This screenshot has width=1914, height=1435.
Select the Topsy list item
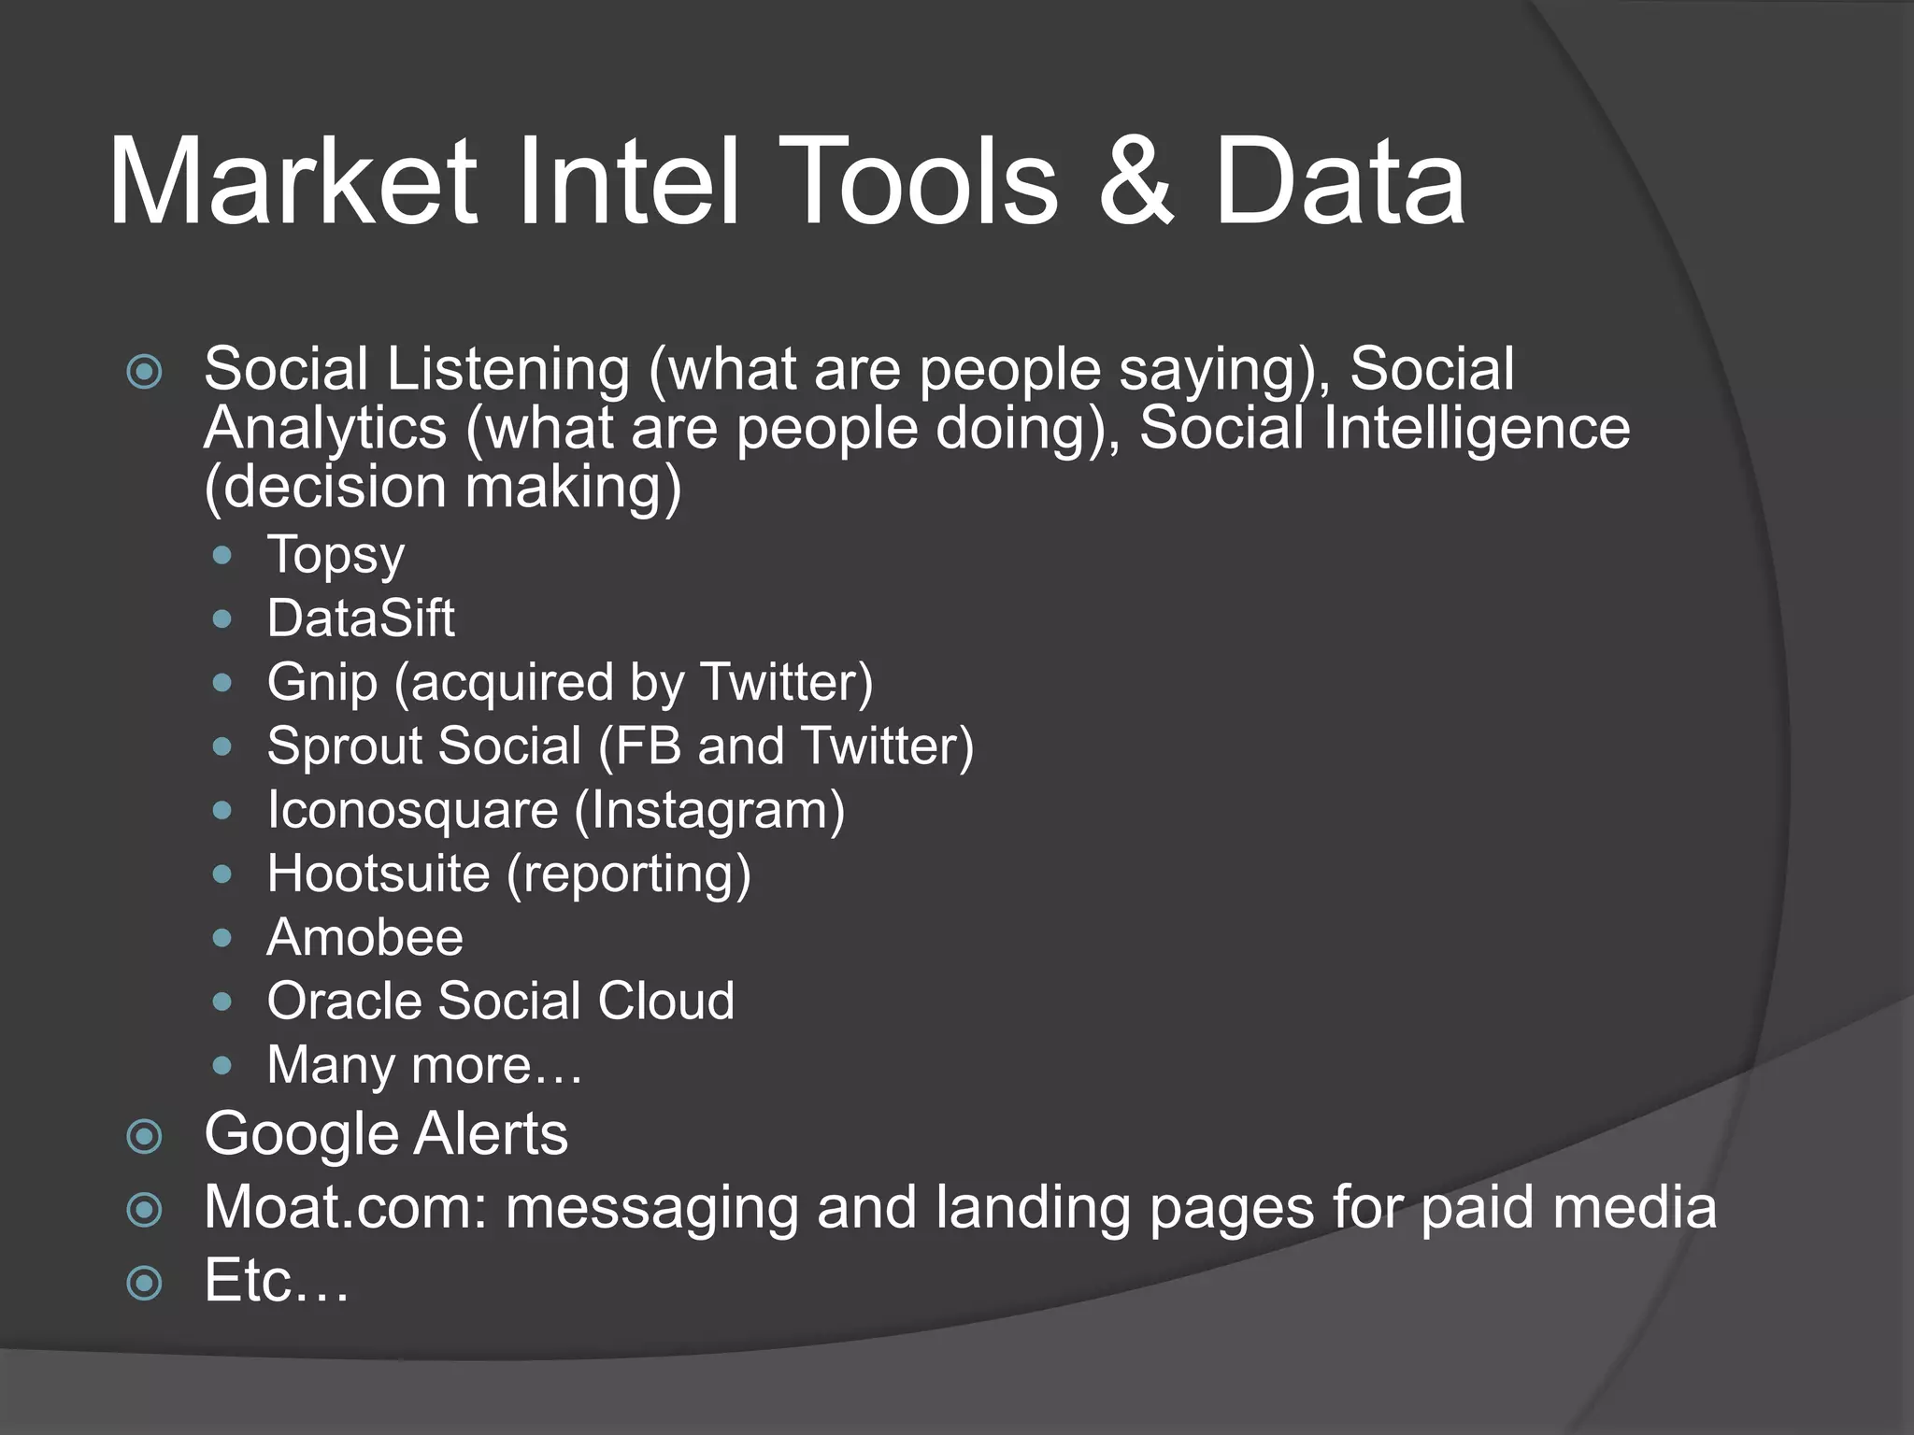(336, 556)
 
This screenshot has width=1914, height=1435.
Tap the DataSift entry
(361, 618)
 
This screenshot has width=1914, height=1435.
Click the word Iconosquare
(412, 811)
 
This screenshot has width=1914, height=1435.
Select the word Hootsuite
(379, 874)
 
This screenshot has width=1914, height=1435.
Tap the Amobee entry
(364, 937)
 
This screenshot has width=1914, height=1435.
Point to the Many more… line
(424, 1065)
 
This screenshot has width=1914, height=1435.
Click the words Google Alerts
(386, 1135)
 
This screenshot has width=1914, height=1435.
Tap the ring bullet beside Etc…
(144, 1283)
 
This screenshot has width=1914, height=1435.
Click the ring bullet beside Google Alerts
(144, 1137)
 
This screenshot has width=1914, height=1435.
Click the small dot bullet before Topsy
(221, 556)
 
